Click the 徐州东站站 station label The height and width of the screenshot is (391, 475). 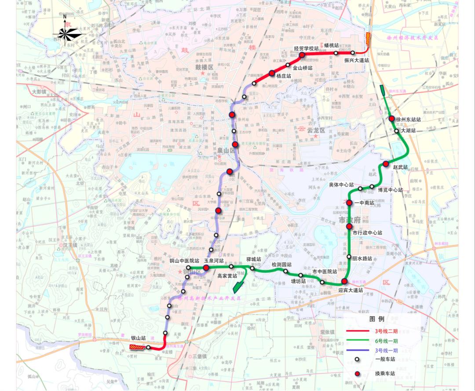pos(409,119)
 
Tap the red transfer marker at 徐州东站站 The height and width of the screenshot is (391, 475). pos(392,118)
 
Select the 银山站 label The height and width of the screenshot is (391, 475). pos(138,338)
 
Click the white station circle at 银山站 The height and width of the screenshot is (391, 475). pos(148,347)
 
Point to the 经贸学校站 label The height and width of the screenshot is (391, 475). pos(306,48)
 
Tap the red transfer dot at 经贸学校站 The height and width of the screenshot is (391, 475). pos(302,55)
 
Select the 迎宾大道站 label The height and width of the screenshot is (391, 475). pos(351,290)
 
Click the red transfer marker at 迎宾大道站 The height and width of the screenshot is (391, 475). pos(344,281)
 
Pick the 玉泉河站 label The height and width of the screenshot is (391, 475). pos(214,261)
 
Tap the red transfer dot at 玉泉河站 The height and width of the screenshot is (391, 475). pos(206,267)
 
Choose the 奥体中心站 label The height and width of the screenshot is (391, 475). pos(341,185)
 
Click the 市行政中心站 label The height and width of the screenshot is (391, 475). pos(367,232)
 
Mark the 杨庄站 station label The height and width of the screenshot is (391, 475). pos(284,76)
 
